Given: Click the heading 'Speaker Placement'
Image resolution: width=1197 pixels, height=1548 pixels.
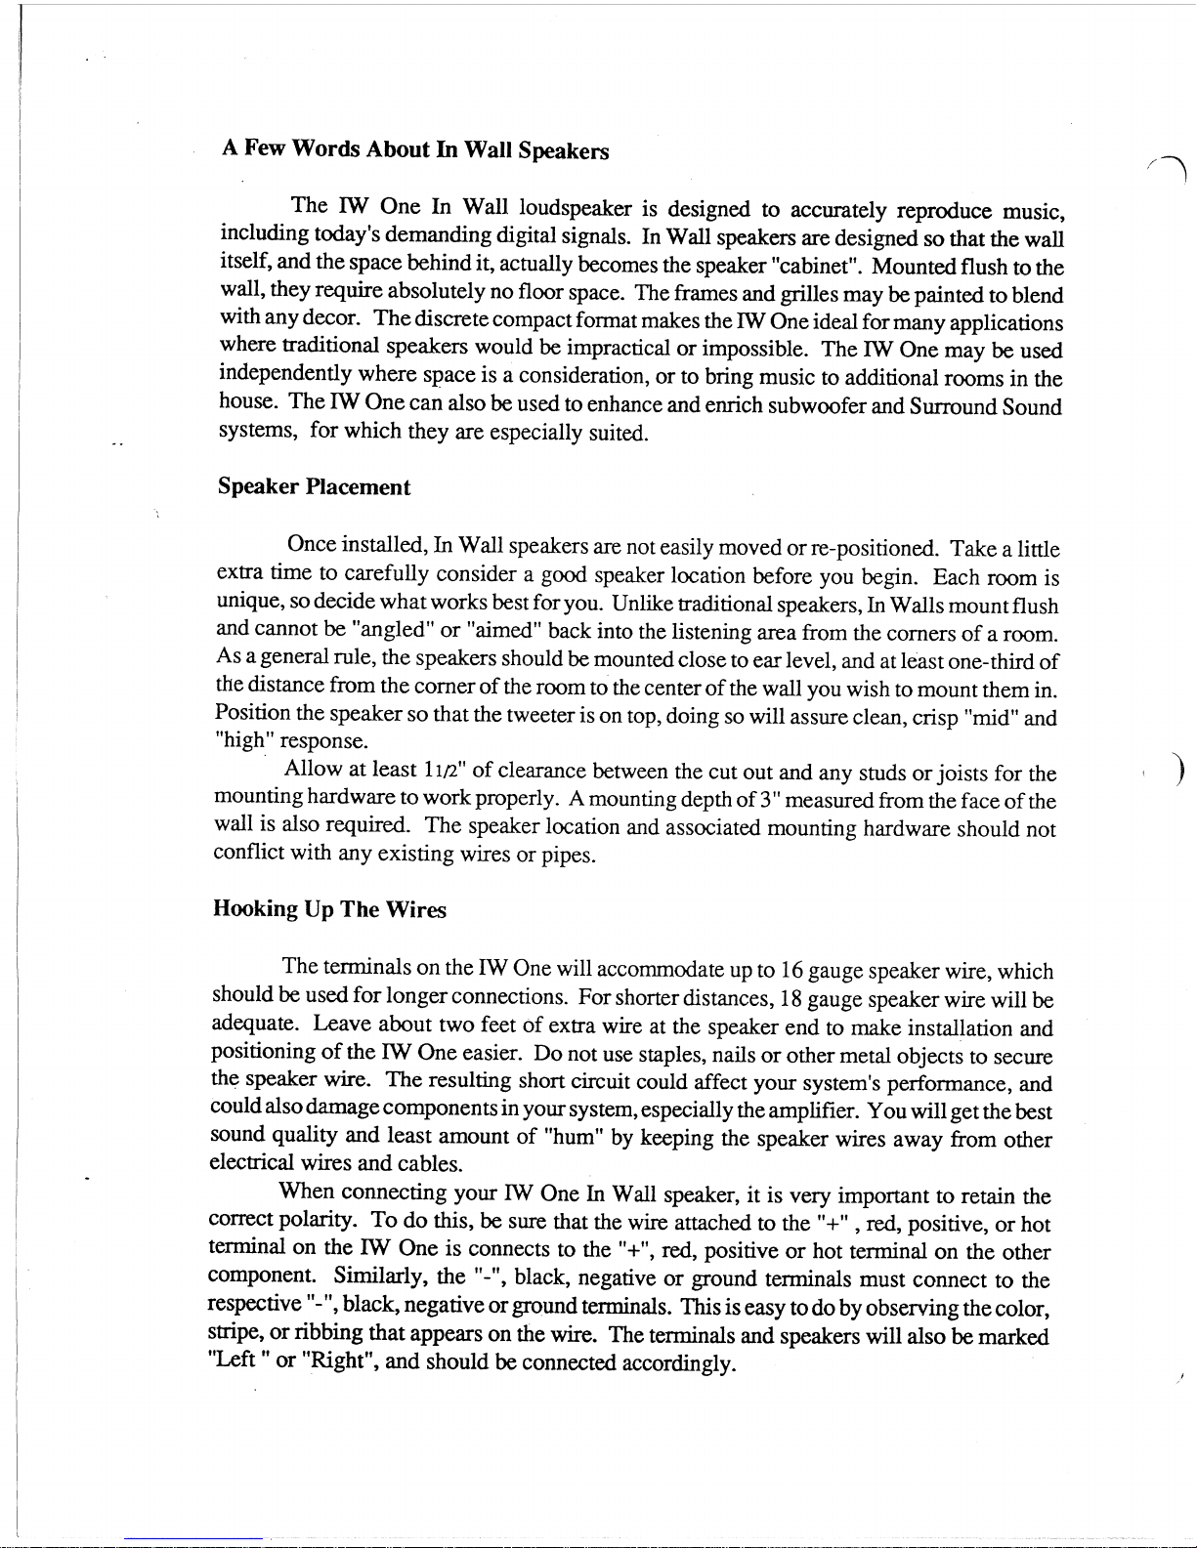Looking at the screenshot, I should pos(314,487).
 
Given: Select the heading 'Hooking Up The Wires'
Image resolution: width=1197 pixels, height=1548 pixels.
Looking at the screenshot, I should pos(329,909).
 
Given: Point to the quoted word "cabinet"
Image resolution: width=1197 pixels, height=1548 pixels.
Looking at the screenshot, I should pos(816,266).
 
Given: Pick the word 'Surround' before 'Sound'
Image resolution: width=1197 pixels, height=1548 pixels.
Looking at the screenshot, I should pos(952,405).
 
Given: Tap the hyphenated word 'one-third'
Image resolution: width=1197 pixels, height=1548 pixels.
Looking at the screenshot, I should pos(991,661).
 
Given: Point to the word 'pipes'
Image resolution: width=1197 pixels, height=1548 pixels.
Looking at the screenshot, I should pos(567,857).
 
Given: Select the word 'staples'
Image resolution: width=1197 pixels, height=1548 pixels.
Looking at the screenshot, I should pos(671,1056).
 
